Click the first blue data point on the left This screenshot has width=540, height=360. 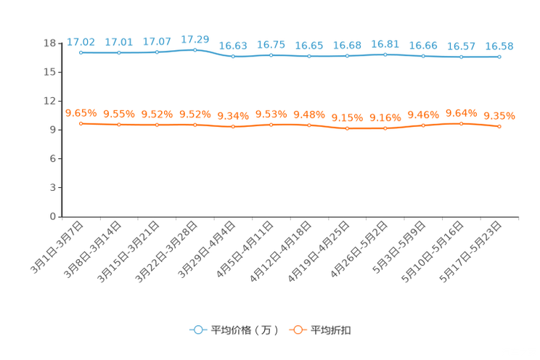tap(81, 52)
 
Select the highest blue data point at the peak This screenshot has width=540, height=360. tap(195, 49)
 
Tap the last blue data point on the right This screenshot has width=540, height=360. tap(499, 57)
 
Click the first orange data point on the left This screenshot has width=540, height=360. tap(81, 123)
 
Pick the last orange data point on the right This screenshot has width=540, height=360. tap(499, 126)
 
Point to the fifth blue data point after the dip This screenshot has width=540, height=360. tap(233, 56)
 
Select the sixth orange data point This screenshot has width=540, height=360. tap(271, 125)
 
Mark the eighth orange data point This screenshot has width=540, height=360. tap(348, 128)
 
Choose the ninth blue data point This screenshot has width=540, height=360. tap(385, 54)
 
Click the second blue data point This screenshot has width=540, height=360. tap(119, 52)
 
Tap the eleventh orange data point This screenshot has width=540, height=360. tap(462, 123)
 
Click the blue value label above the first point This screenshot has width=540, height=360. tap(81, 42)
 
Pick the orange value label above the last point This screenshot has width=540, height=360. tap(499, 116)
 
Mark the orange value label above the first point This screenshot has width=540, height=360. tap(81, 113)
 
